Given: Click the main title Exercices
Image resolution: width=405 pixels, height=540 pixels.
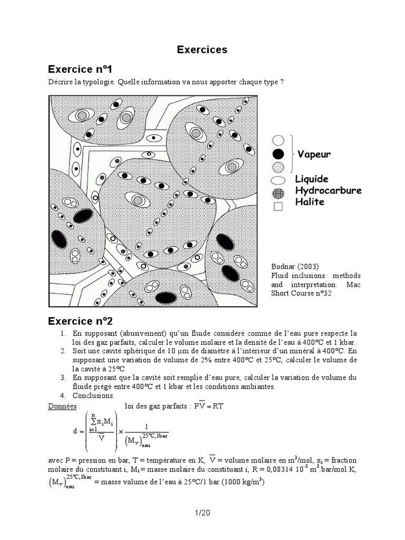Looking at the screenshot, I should (202, 50).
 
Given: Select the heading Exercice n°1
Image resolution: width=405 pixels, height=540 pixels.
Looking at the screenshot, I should (80, 70).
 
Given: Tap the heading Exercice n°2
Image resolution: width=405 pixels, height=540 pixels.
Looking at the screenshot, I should (80, 321).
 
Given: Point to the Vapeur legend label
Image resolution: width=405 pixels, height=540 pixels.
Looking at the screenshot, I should (314, 155).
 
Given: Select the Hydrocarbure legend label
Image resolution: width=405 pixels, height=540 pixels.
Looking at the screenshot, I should (328, 190).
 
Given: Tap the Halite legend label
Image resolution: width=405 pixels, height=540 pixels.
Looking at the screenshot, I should (310, 202).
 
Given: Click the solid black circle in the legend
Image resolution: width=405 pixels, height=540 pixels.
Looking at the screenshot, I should (278, 155).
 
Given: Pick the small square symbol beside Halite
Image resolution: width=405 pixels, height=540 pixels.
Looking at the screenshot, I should (278, 207).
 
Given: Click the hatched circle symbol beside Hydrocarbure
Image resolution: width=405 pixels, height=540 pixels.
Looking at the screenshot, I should (278, 193).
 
